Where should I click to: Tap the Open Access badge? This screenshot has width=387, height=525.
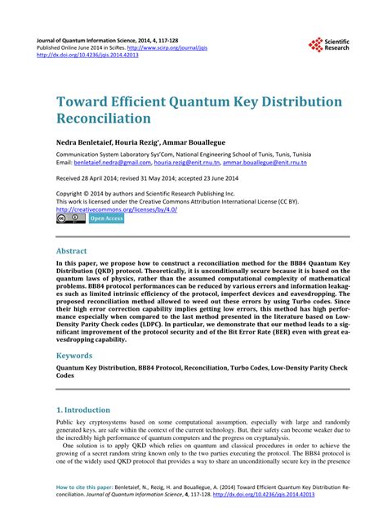(x=105, y=220)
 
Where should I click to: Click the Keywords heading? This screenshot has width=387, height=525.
(x=74, y=357)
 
